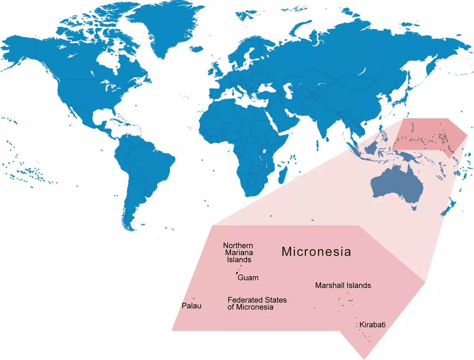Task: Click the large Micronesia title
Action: [x=316, y=251]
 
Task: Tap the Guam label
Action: [x=248, y=278]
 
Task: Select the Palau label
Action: [x=192, y=306]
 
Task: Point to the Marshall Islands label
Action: [x=343, y=285]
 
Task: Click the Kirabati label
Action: [x=372, y=325]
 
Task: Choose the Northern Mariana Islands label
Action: [x=238, y=253]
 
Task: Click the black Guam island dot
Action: [x=237, y=273]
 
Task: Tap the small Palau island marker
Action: [x=194, y=298]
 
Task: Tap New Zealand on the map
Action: [x=448, y=207]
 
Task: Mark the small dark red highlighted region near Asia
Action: [x=431, y=136]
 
